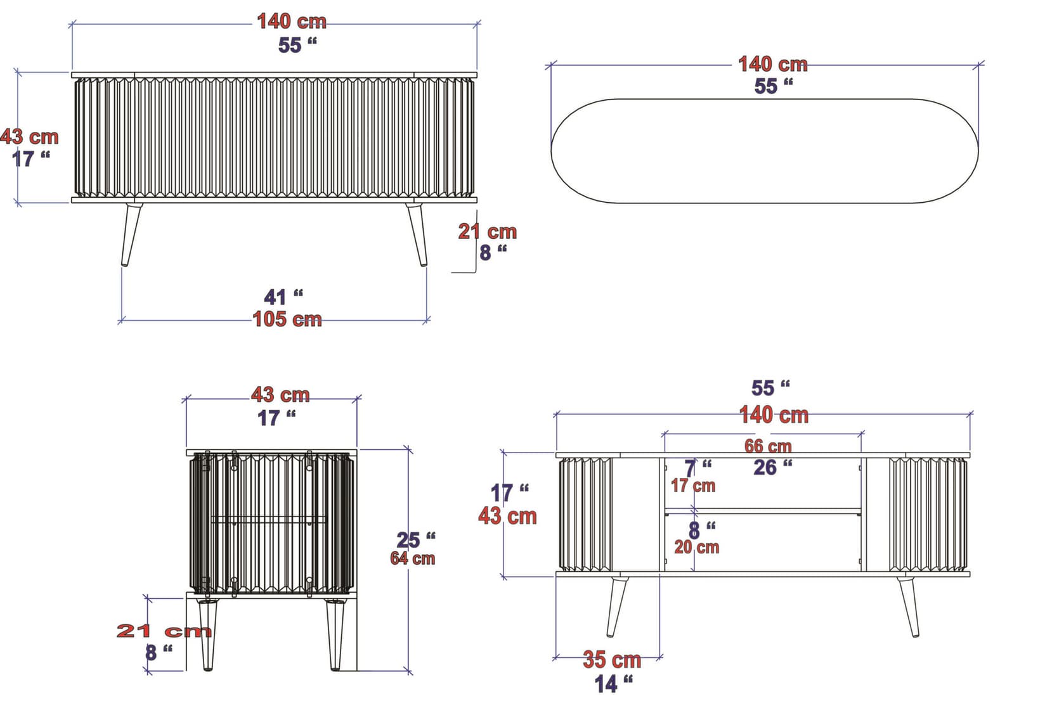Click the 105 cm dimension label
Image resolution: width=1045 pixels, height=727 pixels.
click(x=287, y=319)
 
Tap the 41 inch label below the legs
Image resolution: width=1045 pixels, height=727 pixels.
click(x=283, y=297)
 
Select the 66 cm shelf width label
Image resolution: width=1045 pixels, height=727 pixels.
click(x=768, y=446)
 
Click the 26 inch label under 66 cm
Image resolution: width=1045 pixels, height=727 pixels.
click(x=772, y=467)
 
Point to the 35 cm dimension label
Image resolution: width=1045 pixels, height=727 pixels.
click(x=612, y=660)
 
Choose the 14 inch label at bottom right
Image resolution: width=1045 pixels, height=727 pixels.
click(x=613, y=684)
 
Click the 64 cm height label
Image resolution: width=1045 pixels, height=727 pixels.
click(x=412, y=558)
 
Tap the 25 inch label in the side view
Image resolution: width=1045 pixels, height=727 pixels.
click(x=415, y=540)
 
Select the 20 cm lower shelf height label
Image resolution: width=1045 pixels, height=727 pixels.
click(x=696, y=547)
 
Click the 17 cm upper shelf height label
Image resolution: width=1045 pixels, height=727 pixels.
click(x=692, y=486)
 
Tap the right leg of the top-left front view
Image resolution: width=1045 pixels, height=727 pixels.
click(x=418, y=234)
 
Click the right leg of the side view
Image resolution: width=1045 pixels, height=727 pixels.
click(x=334, y=634)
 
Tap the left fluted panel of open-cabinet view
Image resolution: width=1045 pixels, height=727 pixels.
click(x=585, y=514)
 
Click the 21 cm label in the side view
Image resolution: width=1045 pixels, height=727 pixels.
click(x=164, y=631)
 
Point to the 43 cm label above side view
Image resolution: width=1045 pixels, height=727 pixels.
click(x=280, y=395)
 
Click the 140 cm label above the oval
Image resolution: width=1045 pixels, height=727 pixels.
click(x=772, y=64)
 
